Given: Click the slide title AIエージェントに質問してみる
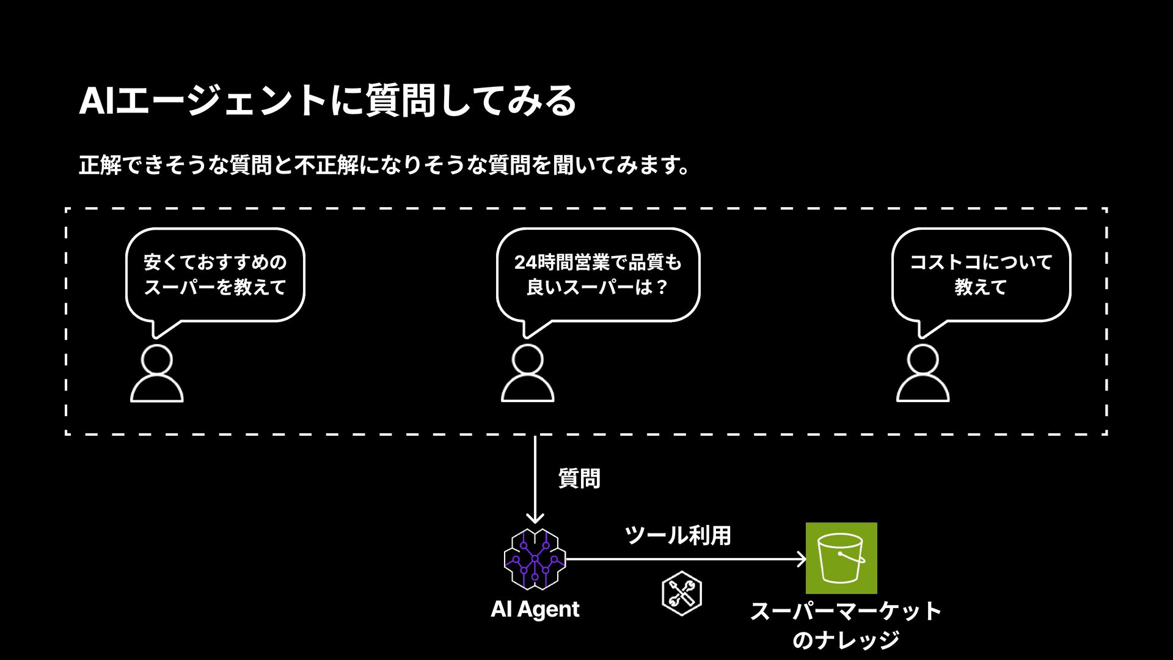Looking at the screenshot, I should point(327,101).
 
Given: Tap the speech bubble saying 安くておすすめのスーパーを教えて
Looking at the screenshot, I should point(215,275).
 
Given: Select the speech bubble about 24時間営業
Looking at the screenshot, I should point(597,275).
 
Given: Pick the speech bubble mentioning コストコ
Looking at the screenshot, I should point(981,275).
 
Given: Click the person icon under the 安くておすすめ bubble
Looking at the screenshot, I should point(157,373).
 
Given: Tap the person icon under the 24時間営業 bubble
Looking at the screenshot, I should point(527,373).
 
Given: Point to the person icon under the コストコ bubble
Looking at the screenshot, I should point(923,373).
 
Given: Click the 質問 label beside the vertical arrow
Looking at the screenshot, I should point(579,478).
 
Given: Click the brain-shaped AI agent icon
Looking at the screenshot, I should point(535,559).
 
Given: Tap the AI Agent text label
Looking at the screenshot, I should point(535,609).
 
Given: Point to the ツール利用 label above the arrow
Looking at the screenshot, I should point(678,535).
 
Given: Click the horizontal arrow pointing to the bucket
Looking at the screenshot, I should point(684,559).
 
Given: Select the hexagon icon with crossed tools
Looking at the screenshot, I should point(682,593).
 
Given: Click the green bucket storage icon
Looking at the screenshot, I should point(841,558).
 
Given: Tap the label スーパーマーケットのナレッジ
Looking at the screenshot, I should point(846,625).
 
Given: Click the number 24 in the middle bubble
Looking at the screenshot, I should point(525,263).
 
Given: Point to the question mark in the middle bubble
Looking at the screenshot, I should point(662,287).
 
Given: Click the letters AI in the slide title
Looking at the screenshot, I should point(97,101).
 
